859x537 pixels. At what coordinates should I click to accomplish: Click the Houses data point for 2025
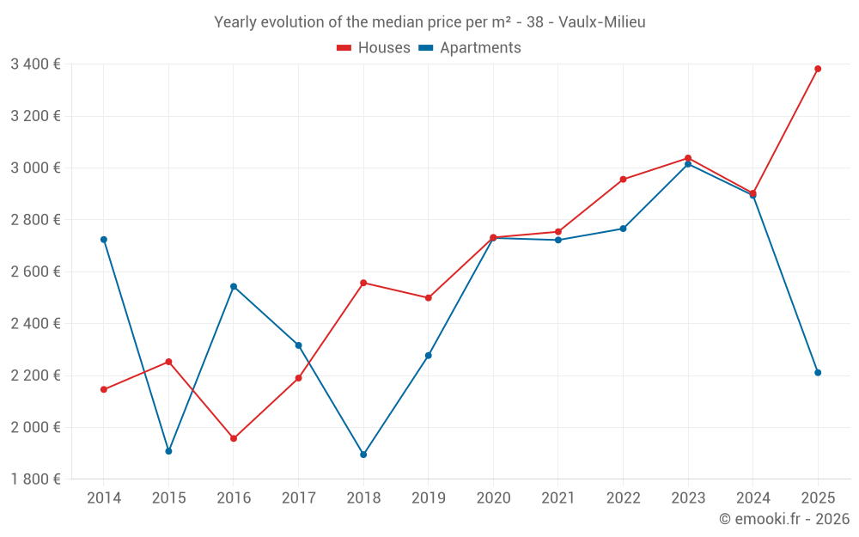point(818,69)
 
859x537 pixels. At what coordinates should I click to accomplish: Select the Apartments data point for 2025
point(818,373)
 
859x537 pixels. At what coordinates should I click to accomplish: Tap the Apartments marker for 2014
point(104,240)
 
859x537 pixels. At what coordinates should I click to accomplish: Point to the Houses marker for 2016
point(234,438)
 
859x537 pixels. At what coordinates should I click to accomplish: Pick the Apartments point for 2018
point(363,455)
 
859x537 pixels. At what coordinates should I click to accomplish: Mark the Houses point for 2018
point(363,283)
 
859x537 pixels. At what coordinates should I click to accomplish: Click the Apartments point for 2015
point(168,451)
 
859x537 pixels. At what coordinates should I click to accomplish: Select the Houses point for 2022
point(623,180)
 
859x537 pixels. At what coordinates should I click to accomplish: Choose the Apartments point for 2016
point(234,286)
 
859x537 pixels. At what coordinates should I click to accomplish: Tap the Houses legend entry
point(374,48)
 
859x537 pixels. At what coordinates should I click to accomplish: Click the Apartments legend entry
point(470,48)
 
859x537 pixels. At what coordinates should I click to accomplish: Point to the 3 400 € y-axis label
point(35,64)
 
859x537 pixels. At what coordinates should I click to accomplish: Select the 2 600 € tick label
point(35,272)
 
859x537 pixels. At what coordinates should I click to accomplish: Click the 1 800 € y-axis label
point(35,479)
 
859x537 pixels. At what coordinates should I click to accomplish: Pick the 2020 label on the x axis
point(493,498)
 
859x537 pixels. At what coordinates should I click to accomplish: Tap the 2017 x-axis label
point(298,498)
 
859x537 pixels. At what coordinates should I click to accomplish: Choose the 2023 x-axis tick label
point(688,498)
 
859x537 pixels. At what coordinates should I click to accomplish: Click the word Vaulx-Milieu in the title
point(601,22)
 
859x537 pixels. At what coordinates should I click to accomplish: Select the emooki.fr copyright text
point(784,519)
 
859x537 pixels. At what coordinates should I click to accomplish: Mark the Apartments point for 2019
point(429,356)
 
